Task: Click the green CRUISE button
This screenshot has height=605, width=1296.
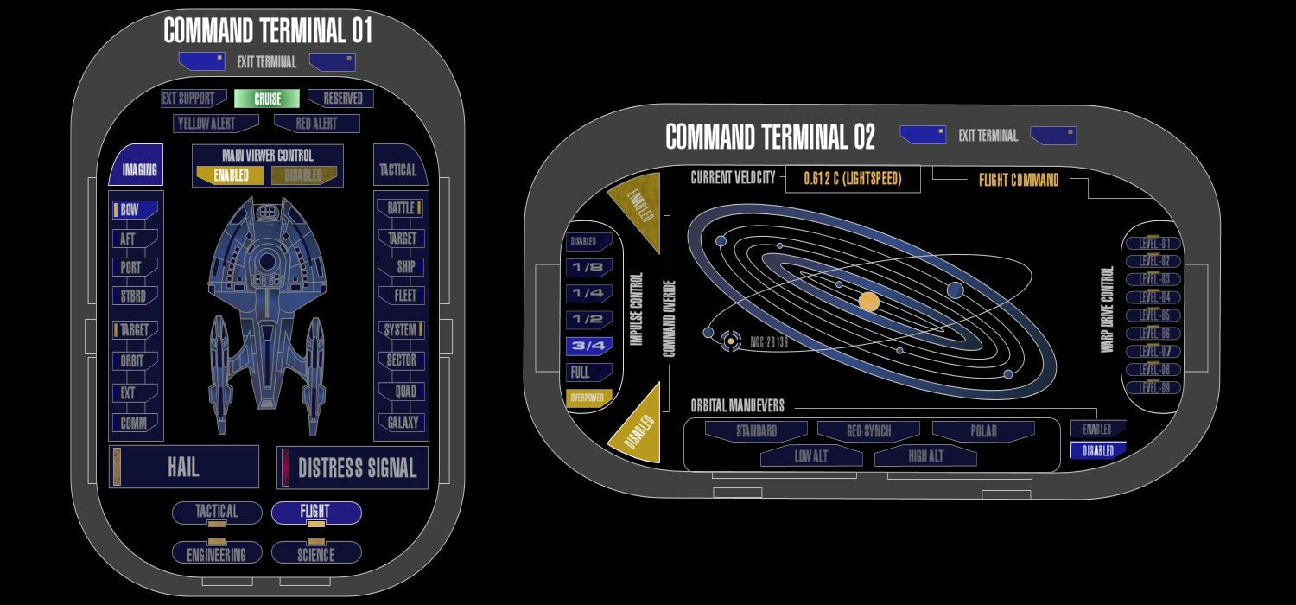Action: tap(267, 99)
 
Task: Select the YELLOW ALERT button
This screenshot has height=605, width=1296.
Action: tap(208, 124)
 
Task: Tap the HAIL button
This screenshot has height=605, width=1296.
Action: tap(184, 468)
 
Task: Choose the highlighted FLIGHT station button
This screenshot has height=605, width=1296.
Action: tap(315, 512)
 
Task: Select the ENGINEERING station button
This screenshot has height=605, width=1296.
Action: tap(216, 554)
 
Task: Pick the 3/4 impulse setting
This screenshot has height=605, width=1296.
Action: tap(588, 346)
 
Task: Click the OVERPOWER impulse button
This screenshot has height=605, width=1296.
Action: tap(588, 398)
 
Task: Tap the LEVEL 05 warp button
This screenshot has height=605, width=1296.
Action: tap(1153, 315)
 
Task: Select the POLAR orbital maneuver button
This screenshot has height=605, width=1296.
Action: tap(983, 430)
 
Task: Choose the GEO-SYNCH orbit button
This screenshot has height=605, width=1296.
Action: tap(867, 430)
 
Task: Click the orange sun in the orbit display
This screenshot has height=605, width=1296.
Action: tap(869, 302)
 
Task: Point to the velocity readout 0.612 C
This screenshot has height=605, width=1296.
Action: tap(852, 179)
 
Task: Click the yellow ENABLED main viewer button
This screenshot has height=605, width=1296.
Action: tap(231, 175)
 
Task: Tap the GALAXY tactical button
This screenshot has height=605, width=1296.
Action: tap(401, 423)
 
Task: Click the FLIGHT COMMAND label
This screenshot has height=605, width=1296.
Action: tap(1018, 181)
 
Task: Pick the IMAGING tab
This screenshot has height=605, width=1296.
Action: tap(137, 168)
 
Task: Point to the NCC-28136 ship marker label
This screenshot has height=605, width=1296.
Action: tap(769, 342)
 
